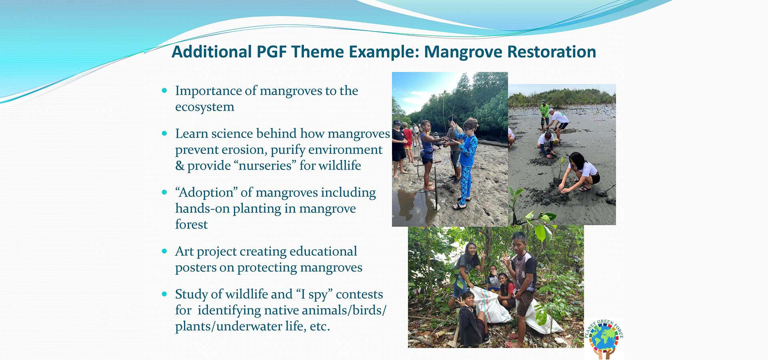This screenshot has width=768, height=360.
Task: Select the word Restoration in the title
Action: [552, 52]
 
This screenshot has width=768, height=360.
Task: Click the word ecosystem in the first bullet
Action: [205, 107]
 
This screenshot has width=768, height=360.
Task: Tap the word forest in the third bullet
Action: [191, 224]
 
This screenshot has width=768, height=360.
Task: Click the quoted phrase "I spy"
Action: [314, 294]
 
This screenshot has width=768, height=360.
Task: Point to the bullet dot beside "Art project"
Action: [164, 251]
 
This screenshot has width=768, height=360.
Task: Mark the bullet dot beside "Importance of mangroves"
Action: [164, 91]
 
